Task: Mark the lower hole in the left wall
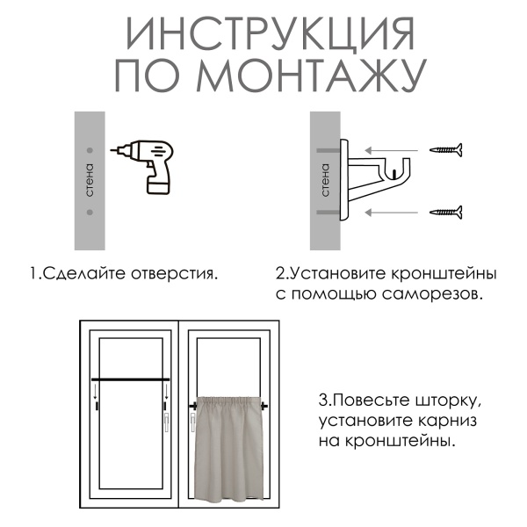coord(89,212)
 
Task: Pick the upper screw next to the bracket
coord(446,151)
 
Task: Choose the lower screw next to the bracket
coord(446,211)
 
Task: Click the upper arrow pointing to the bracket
coord(392,151)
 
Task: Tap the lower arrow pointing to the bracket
coord(392,212)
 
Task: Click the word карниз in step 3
coord(444,421)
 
